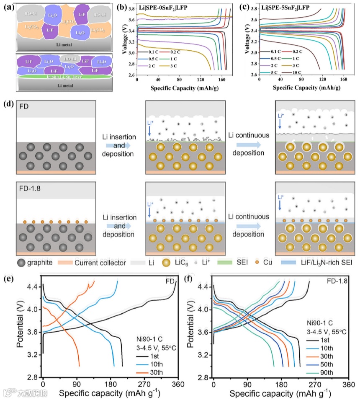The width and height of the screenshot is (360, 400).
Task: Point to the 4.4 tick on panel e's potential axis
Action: [x=34, y=286]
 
